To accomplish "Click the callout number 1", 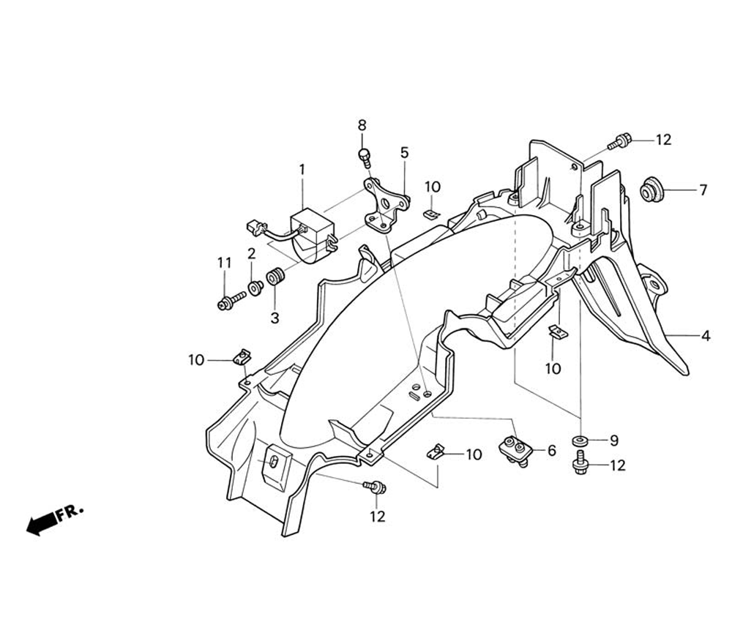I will (301, 169).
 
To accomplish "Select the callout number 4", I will (706, 337).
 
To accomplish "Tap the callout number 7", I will (703, 190).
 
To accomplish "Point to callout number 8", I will (362, 125).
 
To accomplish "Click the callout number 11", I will (223, 263).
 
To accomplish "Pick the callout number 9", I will (613, 440).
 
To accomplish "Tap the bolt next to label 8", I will (364, 154).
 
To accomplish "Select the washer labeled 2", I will (255, 288).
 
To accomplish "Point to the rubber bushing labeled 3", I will (275, 278).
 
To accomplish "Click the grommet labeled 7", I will (650, 189).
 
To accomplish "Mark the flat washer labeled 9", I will (580, 441).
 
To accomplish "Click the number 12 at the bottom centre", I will (376, 517).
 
